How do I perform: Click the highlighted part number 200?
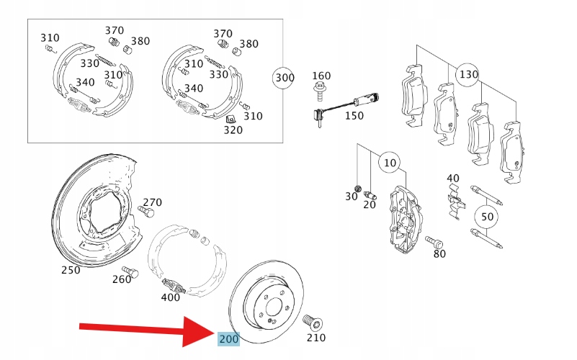[228, 338]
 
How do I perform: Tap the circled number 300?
[285, 77]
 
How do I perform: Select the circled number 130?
[468, 74]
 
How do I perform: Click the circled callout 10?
[390, 163]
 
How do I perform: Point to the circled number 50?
[488, 216]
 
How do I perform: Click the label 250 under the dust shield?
[71, 270]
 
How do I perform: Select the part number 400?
[171, 297]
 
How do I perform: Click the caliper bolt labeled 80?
[434, 242]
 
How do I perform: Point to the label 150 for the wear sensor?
[354, 114]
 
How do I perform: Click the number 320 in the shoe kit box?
[233, 131]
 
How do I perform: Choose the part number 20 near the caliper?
[369, 204]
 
